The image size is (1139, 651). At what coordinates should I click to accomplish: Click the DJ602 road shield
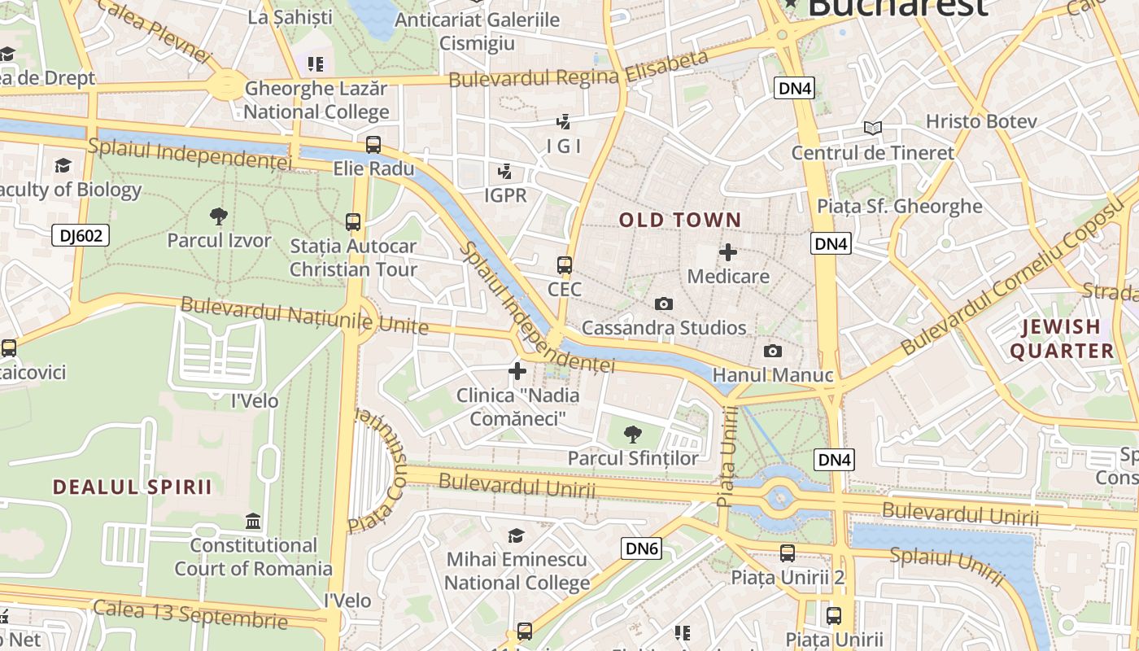click(x=81, y=236)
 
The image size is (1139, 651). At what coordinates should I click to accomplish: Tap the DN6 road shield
click(x=641, y=548)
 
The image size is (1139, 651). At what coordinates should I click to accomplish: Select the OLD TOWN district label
click(x=680, y=220)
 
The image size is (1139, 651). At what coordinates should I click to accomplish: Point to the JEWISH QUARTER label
click(x=1062, y=339)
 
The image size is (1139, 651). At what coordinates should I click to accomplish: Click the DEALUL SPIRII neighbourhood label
click(x=133, y=487)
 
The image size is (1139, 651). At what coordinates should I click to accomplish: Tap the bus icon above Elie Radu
click(x=373, y=145)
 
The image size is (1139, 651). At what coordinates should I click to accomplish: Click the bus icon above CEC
click(x=565, y=265)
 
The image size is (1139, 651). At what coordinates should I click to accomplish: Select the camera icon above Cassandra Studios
click(x=664, y=304)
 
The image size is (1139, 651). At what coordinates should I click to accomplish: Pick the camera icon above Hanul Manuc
click(x=773, y=352)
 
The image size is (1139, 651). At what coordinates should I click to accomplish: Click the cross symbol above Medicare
click(x=728, y=251)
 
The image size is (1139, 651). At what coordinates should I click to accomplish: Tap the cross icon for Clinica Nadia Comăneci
click(x=517, y=372)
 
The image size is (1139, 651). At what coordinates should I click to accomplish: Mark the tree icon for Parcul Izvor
click(x=218, y=216)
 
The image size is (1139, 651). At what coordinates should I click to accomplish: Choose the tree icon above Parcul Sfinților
click(x=632, y=435)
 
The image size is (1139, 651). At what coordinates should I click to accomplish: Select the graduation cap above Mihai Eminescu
click(x=517, y=535)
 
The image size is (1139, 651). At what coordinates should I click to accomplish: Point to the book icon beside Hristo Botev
click(x=873, y=128)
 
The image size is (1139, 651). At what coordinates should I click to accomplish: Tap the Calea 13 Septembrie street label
click(x=190, y=614)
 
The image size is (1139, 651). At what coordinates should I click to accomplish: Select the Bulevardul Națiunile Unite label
click(x=304, y=316)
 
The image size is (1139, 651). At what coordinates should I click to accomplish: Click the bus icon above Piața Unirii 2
click(x=788, y=553)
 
